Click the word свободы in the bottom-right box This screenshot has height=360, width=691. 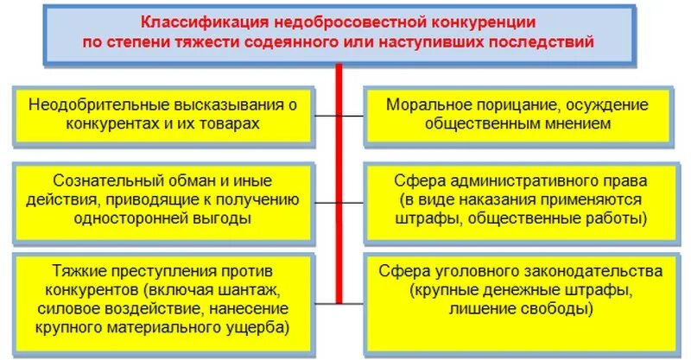560,307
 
